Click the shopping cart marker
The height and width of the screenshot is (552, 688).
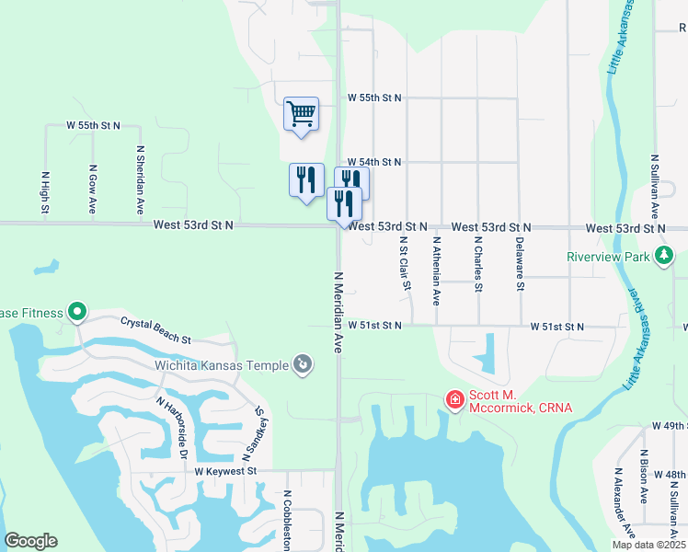[x=301, y=115]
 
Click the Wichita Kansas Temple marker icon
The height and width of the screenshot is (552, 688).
[x=302, y=365]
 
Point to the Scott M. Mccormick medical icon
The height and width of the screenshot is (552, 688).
[x=454, y=399]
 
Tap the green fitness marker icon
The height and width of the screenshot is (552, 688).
[x=76, y=313]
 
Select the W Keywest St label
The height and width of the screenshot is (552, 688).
[x=225, y=470]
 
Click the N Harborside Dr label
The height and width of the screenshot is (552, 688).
[x=171, y=429]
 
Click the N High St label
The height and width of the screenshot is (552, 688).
[x=44, y=192]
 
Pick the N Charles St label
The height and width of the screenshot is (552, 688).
[x=477, y=263]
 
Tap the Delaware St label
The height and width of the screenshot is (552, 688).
[x=520, y=263]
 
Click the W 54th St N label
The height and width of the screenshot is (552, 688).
[x=373, y=162]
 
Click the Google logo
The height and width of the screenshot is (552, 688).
[x=31, y=541]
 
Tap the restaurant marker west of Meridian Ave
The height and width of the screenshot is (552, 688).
[x=306, y=180]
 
